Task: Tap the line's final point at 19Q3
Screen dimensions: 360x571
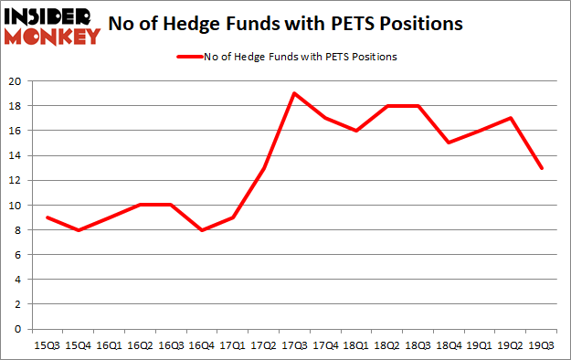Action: click(x=543, y=168)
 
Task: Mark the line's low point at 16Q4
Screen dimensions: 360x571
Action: click(x=201, y=230)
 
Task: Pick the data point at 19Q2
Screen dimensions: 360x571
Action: click(x=512, y=118)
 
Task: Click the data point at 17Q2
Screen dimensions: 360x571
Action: click(x=263, y=168)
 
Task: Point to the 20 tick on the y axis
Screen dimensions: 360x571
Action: click(x=16, y=81)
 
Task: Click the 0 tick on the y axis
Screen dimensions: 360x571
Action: click(x=18, y=330)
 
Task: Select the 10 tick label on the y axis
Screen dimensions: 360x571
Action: click(x=16, y=206)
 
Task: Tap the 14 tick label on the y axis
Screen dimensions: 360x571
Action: click(x=16, y=156)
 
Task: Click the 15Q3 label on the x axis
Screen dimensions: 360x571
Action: click(x=46, y=346)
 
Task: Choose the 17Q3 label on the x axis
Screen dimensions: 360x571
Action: click(x=294, y=346)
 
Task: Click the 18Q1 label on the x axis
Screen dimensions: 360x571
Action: click(x=356, y=346)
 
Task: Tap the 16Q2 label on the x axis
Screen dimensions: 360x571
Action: click(x=139, y=346)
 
